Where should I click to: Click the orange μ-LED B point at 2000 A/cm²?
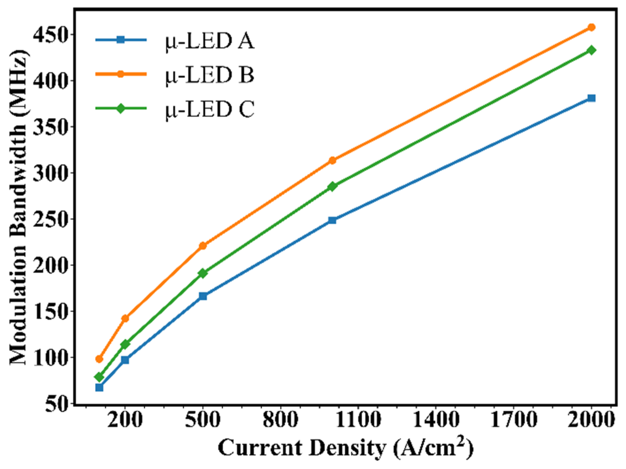[x=591, y=27]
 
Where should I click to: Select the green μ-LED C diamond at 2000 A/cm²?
[x=591, y=50]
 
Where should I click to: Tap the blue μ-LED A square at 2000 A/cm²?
[x=591, y=98]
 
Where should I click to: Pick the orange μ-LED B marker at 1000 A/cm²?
[x=332, y=160]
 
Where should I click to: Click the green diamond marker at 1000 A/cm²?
[x=332, y=186]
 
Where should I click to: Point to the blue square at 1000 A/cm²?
[x=332, y=220]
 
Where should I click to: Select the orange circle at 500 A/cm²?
[x=203, y=246]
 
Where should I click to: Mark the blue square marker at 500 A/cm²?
[x=203, y=296]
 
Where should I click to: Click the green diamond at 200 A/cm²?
[x=125, y=344]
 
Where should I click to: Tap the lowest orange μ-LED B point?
[x=99, y=359]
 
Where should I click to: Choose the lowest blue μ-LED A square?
[x=99, y=387]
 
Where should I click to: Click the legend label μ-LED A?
[x=209, y=42]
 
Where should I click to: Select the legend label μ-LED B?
[x=209, y=75]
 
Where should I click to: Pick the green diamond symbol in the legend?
[x=120, y=108]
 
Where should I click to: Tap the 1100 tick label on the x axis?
[x=358, y=420]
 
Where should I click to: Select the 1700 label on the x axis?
[x=513, y=420]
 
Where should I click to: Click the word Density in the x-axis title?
[x=347, y=448]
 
